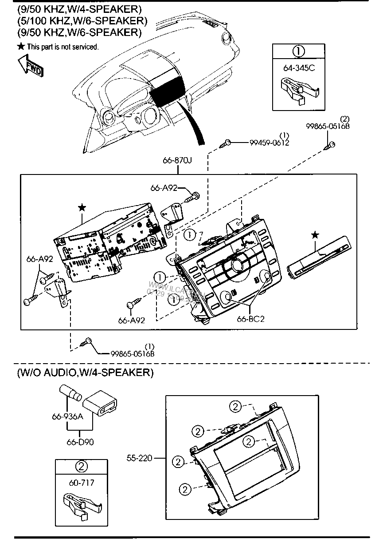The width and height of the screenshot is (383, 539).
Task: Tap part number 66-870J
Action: [x=177, y=161]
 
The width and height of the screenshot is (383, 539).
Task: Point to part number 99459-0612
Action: [x=269, y=143]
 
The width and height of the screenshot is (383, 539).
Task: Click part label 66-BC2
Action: [x=250, y=319]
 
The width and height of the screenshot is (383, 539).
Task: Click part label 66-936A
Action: [x=67, y=416]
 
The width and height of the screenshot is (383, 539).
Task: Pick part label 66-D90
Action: [x=80, y=442]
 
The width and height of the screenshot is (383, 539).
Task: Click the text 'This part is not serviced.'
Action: [x=63, y=47]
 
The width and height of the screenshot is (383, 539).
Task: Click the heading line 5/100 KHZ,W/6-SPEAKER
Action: [x=82, y=20]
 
